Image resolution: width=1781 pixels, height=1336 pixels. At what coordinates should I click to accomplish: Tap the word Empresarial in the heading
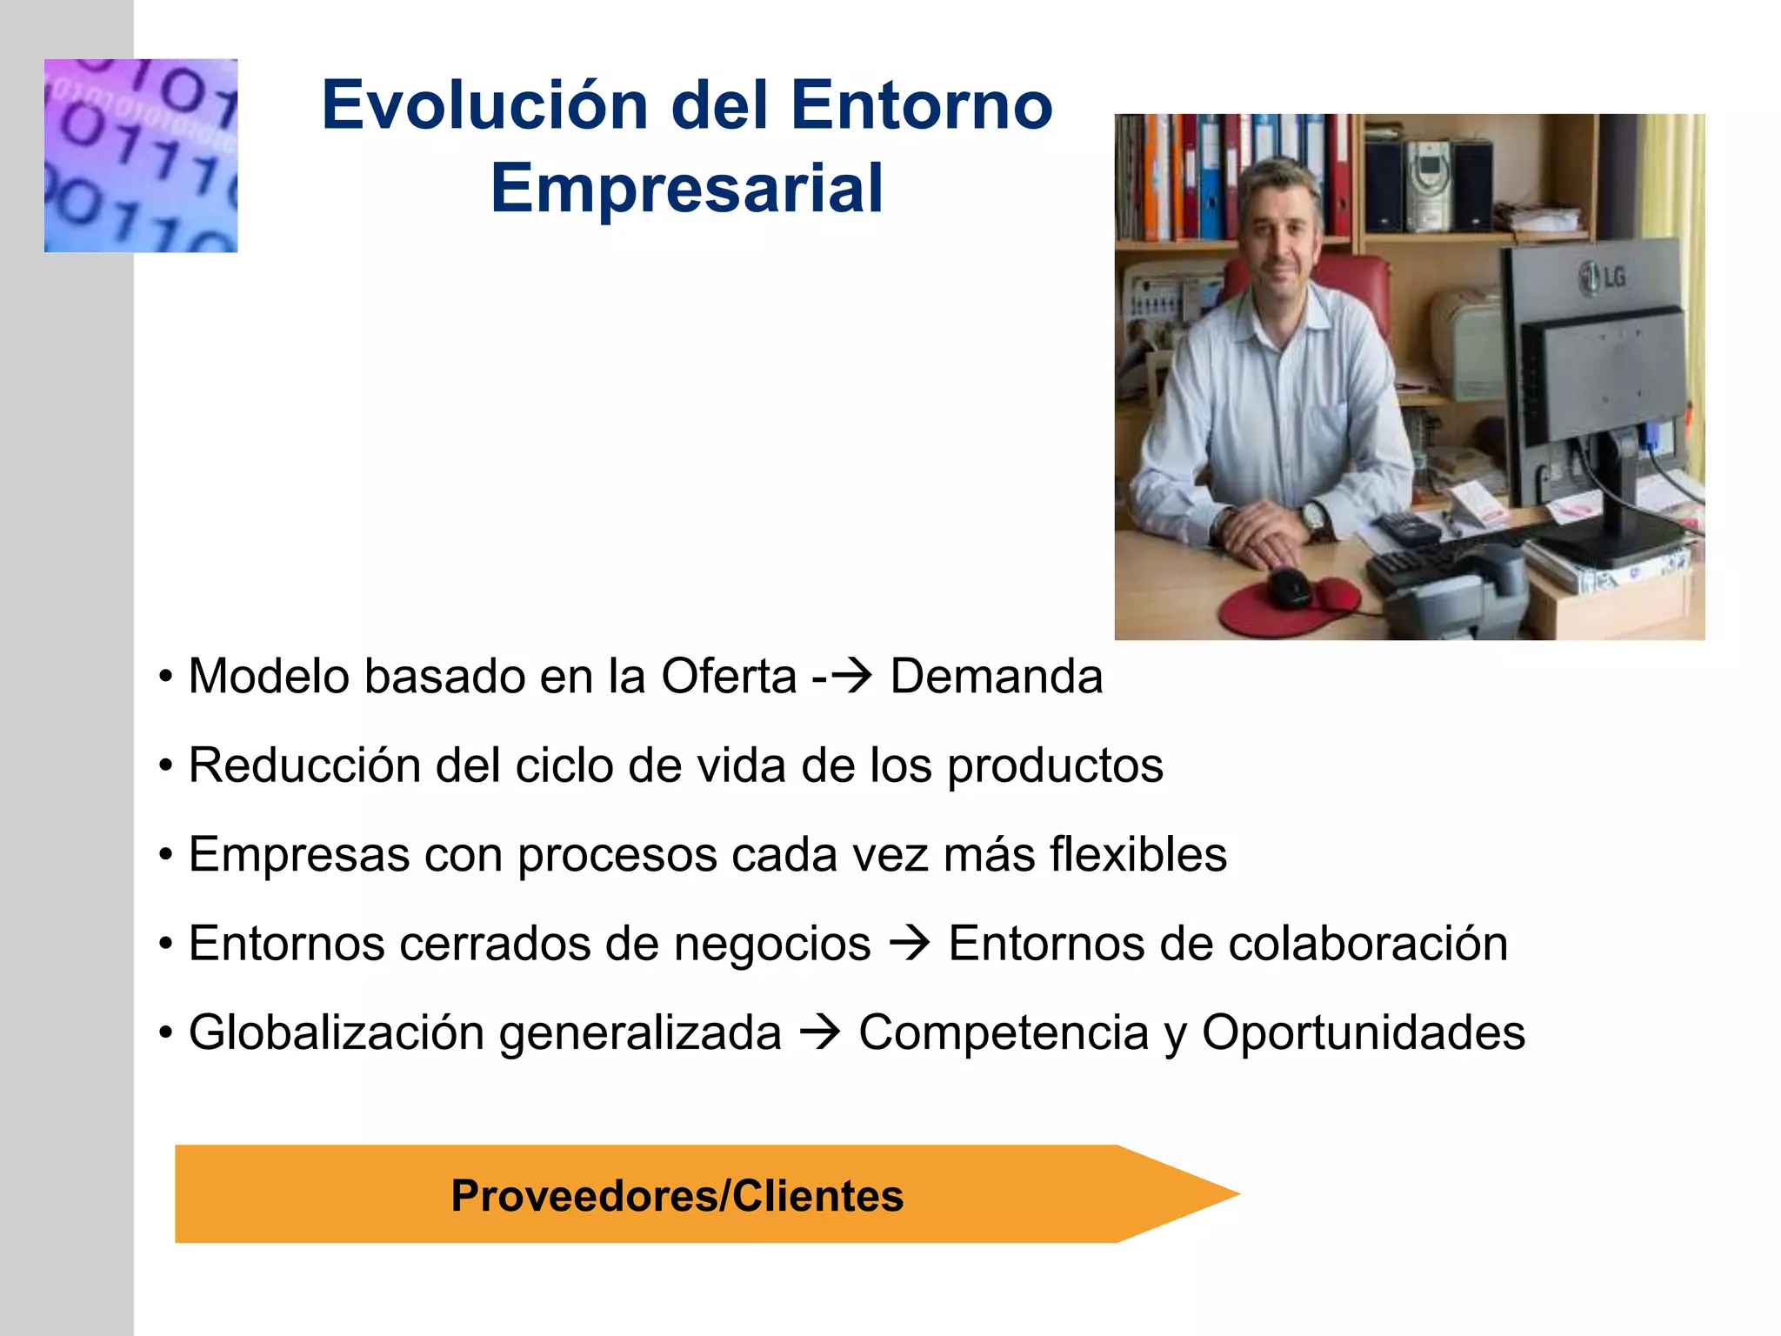pyautogui.click(x=687, y=189)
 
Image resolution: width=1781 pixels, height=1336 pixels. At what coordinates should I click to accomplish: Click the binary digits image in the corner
pyautogui.click(x=141, y=156)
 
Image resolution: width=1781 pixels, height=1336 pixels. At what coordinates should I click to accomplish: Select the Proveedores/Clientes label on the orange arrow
pyautogui.click(x=677, y=1195)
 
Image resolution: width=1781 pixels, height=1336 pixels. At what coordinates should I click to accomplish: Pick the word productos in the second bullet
pyautogui.click(x=1054, y=765)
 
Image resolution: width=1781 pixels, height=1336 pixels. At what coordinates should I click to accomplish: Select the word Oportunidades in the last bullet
pyautogui.click(x=1363, y=1032)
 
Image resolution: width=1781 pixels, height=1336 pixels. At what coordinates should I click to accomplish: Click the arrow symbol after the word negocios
pyautogui.click(x=910, y=944)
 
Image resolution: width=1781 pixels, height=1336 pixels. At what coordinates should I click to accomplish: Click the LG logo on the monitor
pyautogui.click(x=1602, y=277)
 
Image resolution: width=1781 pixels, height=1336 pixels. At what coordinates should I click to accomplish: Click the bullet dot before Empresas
pyautogui.click(x=166, y=855)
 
